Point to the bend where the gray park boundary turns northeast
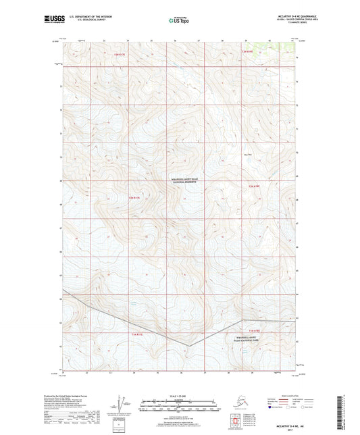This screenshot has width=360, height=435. click(190, 347)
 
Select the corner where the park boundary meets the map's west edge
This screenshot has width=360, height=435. click(62, 298)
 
